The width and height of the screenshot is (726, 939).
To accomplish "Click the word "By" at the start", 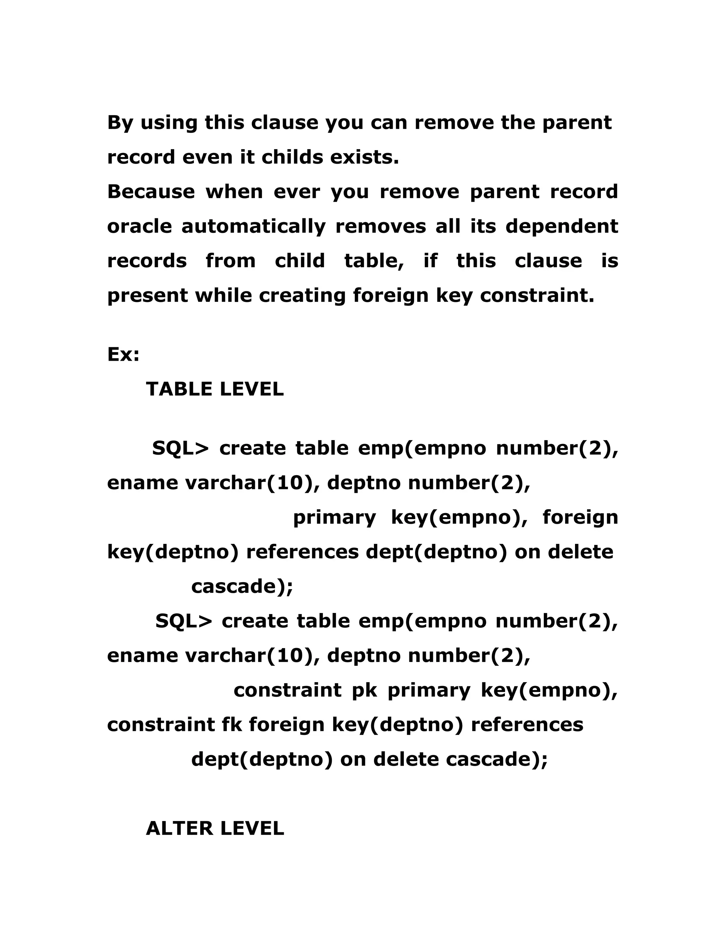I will click(120, 123).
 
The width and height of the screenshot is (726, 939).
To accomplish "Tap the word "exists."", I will click(365, 157).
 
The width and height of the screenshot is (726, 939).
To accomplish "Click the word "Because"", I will click(151, 192).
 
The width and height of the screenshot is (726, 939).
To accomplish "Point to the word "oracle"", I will click(139, 226).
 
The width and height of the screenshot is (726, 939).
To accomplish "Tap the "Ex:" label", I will click(123, 355).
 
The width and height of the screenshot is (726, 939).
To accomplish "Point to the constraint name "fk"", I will click(232, 725).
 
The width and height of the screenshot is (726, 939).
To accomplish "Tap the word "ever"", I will click(297, 192).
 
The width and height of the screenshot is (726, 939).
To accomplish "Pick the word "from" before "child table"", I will click(230, 261).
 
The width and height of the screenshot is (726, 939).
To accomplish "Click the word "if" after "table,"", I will click(430, 261).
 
